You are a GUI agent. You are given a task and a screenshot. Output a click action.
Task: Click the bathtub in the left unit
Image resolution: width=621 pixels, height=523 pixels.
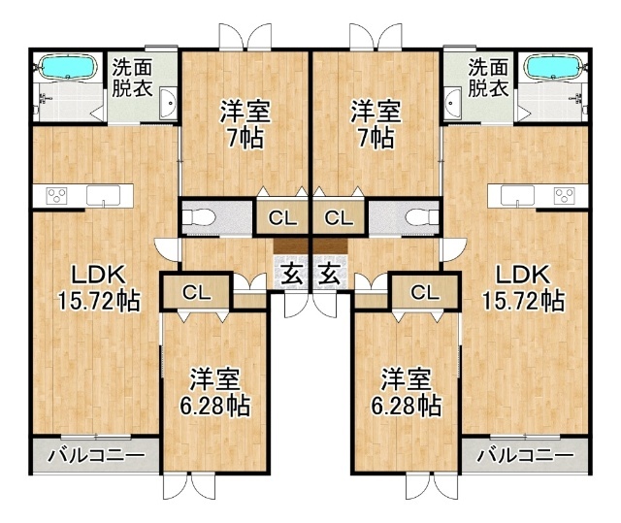(69, 67)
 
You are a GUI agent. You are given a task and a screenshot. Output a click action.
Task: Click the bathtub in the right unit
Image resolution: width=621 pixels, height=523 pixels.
(553, 67)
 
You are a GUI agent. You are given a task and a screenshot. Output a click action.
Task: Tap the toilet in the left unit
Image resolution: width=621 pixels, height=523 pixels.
(199, 217)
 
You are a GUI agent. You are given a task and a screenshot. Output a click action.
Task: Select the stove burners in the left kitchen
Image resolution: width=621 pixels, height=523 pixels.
(56, 196)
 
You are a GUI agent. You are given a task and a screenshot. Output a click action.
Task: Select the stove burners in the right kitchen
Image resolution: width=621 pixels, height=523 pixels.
(564, 196)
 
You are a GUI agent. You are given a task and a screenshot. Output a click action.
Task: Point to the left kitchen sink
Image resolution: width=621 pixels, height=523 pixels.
(103, 196)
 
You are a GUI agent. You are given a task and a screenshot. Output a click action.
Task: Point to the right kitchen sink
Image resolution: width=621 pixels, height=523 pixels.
(517, 196)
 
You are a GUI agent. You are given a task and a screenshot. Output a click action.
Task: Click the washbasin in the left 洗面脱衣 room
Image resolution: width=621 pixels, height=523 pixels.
(168, 103)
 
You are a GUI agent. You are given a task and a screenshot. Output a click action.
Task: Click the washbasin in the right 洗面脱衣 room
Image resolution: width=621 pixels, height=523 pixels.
(453, 103)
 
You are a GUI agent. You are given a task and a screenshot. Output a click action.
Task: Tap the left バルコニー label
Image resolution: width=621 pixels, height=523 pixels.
(96, 456)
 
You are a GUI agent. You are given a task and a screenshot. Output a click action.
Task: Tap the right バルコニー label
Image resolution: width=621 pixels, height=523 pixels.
(525, 456)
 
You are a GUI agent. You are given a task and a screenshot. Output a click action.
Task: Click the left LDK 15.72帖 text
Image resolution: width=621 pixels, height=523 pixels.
(99, 287)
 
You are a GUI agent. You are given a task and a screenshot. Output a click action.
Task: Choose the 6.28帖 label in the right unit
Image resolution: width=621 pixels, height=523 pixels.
(406, 405)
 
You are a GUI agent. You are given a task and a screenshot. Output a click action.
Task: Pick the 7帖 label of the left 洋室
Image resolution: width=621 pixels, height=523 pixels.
(245, 138)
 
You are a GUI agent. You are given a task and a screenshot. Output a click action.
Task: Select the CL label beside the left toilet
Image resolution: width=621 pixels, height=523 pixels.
(282, 217)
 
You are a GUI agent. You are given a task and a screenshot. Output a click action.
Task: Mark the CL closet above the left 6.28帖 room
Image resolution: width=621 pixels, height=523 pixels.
(196, 293)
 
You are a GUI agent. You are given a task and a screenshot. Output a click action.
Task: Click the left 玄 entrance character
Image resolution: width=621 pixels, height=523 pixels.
(294, 275)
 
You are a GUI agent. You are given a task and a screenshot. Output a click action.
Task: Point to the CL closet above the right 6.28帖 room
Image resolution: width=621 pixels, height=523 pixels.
(425, 293)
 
